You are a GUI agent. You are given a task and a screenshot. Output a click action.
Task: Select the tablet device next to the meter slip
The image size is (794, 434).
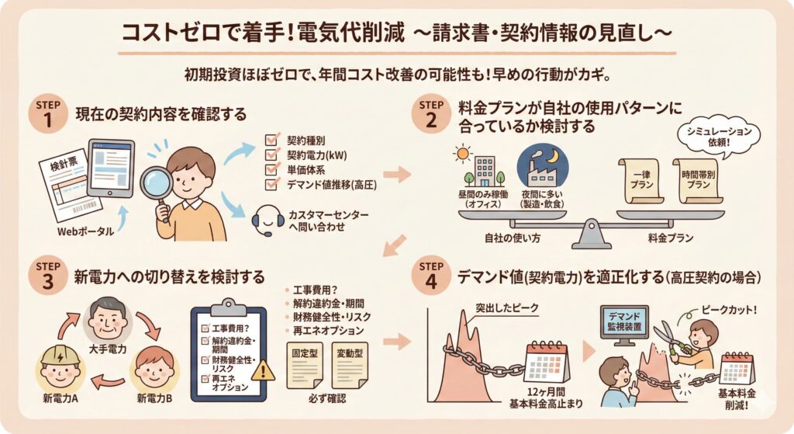pos(111,168)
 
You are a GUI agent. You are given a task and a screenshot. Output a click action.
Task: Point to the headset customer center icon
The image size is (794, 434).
pos(267,220)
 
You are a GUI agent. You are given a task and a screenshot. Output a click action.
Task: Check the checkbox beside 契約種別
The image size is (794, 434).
pos(272,140)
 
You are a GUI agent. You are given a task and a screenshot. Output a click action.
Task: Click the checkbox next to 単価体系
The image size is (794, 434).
pos(272,169)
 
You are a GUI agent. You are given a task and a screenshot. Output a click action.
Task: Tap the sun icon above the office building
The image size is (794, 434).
pos(462,153)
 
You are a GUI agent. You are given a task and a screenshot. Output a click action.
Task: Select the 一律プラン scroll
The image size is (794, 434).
pos(641,180)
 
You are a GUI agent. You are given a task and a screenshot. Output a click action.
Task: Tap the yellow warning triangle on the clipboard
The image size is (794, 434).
pos(264,371)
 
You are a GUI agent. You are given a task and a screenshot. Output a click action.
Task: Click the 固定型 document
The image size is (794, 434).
pos(305,366)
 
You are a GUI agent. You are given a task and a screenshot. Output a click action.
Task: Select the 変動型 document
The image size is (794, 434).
pos(350,366)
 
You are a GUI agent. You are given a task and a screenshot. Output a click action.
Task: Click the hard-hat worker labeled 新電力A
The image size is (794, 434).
pos(60,367)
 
